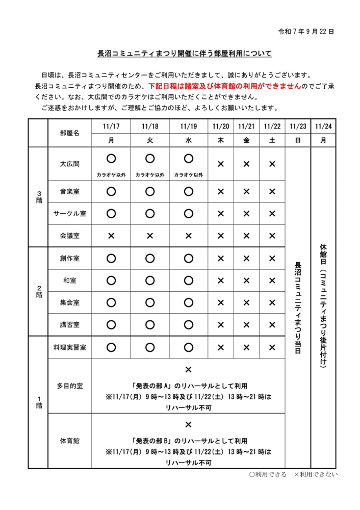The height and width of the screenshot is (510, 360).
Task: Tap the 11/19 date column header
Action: click(188, 126)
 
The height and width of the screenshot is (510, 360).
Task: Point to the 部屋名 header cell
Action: click(70, 133)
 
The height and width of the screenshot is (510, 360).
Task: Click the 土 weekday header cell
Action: click(272, 140)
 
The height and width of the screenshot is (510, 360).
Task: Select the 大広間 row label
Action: click(70, 164)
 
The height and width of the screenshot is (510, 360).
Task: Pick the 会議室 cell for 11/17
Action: click(111, 236)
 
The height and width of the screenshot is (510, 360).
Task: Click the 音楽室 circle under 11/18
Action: click(150, 192)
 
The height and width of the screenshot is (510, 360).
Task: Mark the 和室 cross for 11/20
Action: click(221, 280)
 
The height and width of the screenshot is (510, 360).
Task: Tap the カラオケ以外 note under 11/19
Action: click(188, 174)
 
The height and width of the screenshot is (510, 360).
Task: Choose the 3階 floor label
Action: click(39, 197)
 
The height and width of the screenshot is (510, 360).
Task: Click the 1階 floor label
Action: click(39, 402)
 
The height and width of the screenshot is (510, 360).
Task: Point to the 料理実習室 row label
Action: click(70, 347)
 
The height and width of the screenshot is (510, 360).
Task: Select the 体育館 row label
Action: click(70, 440)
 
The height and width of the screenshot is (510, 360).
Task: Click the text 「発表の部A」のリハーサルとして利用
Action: click(188, 386)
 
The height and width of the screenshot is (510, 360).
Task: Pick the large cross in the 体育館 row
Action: click(188, 424)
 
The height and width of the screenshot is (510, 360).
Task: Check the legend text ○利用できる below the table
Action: click(268, 475)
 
